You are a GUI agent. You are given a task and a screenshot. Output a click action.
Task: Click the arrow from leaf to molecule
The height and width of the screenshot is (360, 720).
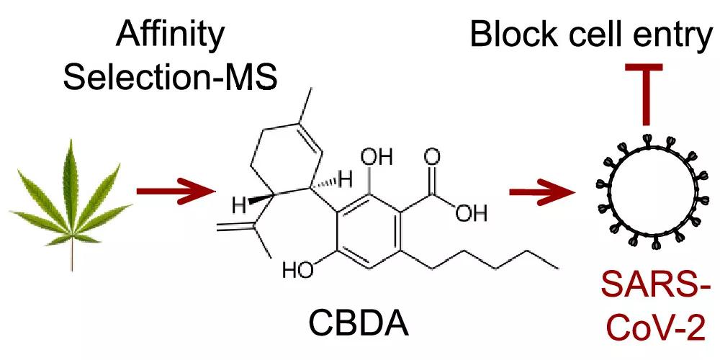click(x=175, y=192)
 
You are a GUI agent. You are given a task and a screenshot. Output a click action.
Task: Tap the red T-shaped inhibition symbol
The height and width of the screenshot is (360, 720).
click(x=644, y=86)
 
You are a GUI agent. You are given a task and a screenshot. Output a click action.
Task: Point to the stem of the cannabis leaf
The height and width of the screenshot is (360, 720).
click(x=71, y=256)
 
